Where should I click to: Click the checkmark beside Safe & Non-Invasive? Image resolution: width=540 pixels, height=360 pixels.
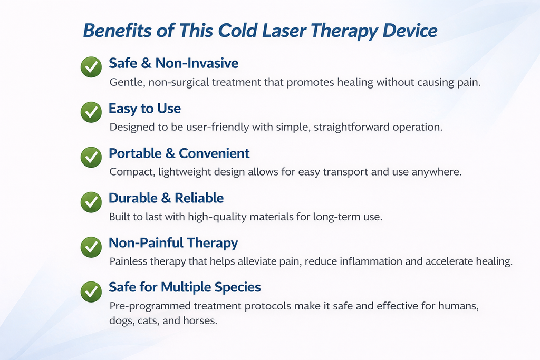(x=91, y=68)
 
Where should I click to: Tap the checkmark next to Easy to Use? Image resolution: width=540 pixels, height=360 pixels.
(x=91, y=112)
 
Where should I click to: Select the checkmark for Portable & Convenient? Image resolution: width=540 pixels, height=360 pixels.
(x=91, y=157)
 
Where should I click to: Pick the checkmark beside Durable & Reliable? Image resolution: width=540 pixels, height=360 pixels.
(x=91, y=202)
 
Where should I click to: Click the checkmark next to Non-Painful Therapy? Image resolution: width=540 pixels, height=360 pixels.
(x=91, y=247)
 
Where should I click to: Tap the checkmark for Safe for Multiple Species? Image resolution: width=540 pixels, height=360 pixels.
(x=91, y=291)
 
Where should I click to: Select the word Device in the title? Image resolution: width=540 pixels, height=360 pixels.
(x=409, y=31)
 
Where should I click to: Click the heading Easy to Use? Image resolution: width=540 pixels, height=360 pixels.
(x=144, y=109)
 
